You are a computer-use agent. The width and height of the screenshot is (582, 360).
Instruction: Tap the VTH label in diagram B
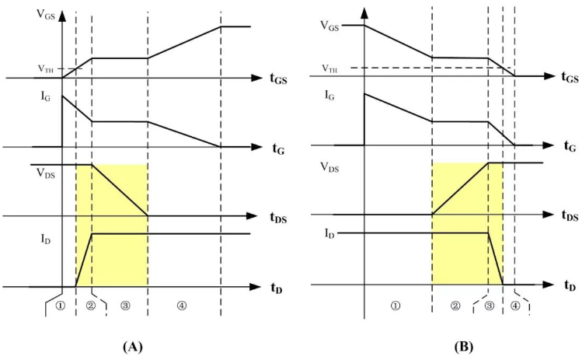click(329, 68)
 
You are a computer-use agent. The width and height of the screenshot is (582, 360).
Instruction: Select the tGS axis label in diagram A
click(278, 79)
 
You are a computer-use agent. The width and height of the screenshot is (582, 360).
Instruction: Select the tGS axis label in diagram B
click(570, 77)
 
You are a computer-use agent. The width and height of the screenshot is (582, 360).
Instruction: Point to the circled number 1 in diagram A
click(60, 306)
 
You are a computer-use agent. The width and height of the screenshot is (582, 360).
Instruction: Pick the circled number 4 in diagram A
click(182, 306)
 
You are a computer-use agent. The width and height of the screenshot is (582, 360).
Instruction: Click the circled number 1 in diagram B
click(396, 306)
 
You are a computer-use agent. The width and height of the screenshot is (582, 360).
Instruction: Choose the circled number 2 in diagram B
click(455, 306)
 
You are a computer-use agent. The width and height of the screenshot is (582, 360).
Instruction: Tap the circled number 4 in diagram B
click(515, 306)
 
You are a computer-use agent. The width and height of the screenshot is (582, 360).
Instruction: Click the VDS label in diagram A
click(46, 173)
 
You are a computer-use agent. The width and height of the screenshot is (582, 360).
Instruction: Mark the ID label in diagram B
click(329, 234)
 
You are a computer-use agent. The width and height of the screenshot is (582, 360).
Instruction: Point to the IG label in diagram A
click(46, 98)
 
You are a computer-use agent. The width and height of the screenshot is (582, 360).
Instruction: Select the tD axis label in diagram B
click(570, 285)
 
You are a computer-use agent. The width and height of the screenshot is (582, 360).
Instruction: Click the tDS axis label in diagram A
click(278, 218)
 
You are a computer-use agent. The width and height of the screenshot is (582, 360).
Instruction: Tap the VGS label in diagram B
click(329, 26)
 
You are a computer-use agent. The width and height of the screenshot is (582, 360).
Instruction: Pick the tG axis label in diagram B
click(570, 146)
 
